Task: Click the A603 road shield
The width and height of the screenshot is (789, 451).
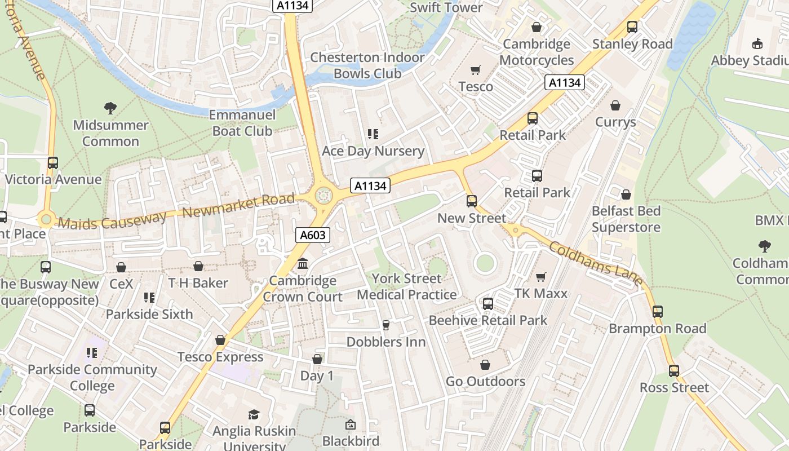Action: [x=312, y=235]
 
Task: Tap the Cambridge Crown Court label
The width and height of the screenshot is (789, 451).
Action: [x=303, y=289]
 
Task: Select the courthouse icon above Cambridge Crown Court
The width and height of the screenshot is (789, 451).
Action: [x=303, y=263]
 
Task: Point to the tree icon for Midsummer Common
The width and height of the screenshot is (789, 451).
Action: [x=110, y=108]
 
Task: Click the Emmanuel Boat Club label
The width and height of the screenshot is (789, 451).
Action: [x=242, y=123]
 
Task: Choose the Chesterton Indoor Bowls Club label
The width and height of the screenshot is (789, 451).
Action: [x=367, y=65]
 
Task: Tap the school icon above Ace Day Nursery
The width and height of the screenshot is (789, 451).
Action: [x=373, y=134]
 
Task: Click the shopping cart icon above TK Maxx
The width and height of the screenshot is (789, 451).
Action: [x=541, y=277]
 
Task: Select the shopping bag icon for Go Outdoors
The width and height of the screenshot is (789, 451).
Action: [x=485, y=365]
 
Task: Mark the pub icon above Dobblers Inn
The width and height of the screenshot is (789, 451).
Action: [x=386, y=325]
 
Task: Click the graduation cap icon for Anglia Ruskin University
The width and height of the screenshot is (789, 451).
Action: [x=254, y=414]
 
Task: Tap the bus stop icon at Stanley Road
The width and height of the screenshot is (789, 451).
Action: [x=632, y=27]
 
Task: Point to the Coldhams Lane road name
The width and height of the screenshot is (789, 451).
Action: [x=595, y=263]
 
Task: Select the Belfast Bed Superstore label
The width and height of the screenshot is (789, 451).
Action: [x=626, y=219]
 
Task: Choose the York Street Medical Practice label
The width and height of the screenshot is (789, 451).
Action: [x=406, y=286]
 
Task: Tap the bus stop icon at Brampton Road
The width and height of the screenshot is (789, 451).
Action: [x=657, y=311]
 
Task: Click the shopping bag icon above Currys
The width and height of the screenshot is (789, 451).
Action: [x=615, y=105]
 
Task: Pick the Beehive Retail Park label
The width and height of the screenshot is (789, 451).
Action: [x=488, y=320]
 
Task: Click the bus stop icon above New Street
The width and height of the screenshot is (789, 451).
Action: [x=472, y=201]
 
